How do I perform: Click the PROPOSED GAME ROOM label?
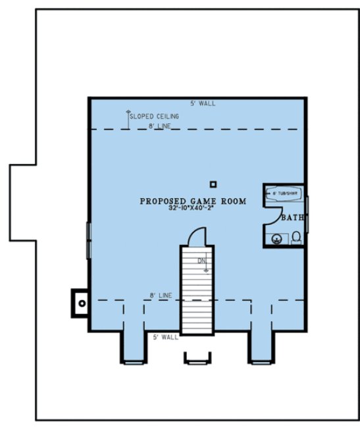coord(193,201)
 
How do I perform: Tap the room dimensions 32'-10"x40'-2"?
coord(193,209)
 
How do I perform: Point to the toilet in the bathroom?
coord(296,237)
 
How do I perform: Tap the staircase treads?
coord(197,290)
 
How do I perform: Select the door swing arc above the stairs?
coord(198,235)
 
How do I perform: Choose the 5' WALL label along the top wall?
coord(203,103)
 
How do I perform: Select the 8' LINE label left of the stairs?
coord(160,296)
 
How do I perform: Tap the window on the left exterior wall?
coord(89,240)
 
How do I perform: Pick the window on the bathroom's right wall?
coord(306,214)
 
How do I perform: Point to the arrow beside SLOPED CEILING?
coord(128,117)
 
